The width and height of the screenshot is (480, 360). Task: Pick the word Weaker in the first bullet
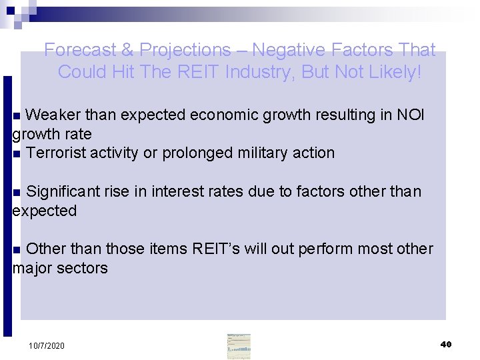[x=53, y=115]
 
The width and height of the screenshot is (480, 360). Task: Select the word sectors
[x=83, y=269]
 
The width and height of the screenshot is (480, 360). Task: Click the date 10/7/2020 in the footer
[x=47, y=346]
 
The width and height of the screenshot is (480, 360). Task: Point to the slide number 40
[x=446, y=344]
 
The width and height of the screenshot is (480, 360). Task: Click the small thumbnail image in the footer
[x=239, y=345]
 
